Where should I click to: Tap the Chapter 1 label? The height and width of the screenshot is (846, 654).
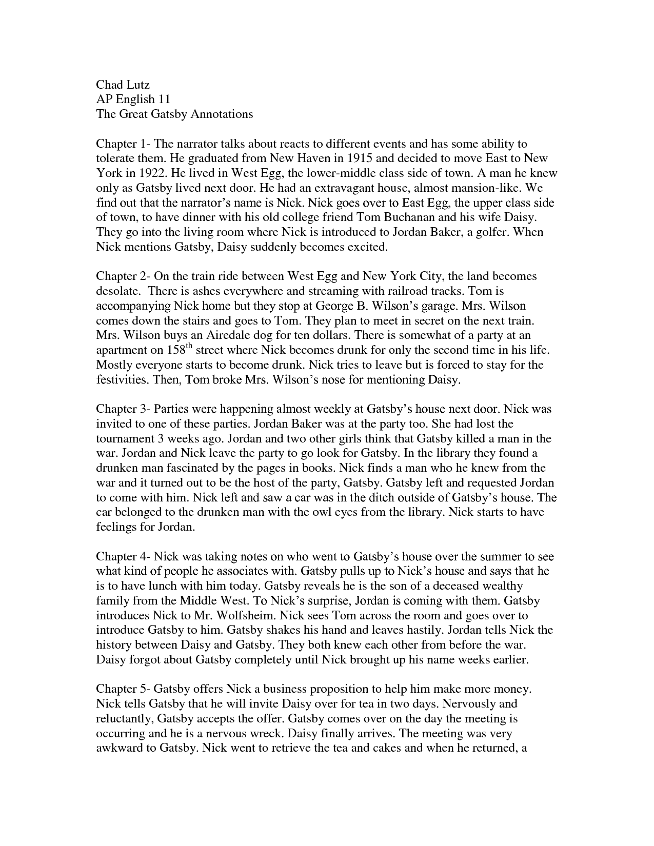click(121, 144)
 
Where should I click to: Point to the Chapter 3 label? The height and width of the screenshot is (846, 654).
click(121, 409)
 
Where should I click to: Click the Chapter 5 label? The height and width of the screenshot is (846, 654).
click(121, 689)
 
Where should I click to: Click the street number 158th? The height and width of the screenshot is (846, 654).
click(180, 350)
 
